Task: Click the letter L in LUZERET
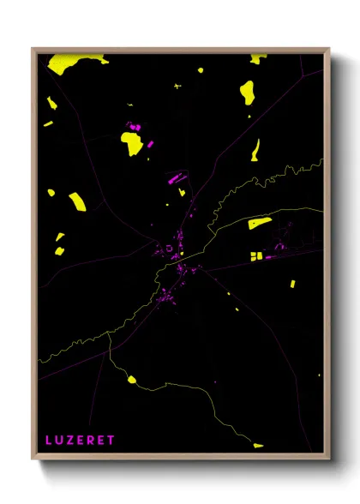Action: (x=49, y=440)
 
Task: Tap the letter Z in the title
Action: (x=70, y=440)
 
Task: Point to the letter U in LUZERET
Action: (x=59, y=440)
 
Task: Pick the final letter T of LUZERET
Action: (x=111, y=440)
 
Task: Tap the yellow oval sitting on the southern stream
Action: (x=131, y=379)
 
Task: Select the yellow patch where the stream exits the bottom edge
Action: (x=258, y=445)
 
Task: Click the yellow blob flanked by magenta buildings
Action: (x=133, y=141)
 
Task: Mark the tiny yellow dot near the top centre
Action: (x=200, y=69)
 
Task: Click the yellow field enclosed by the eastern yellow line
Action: (x=259, y=224)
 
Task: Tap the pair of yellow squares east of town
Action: (x=256, y=256)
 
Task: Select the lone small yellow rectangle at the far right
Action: (x=292, y=283)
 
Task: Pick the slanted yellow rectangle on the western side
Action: (x=77, y=201)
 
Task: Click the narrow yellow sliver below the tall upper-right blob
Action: (x=255, y=149)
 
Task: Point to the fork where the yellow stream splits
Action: (x=110, y=334)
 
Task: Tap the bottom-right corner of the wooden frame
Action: (x=328, y=460)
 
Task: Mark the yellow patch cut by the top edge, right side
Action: (x=258, y=58)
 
